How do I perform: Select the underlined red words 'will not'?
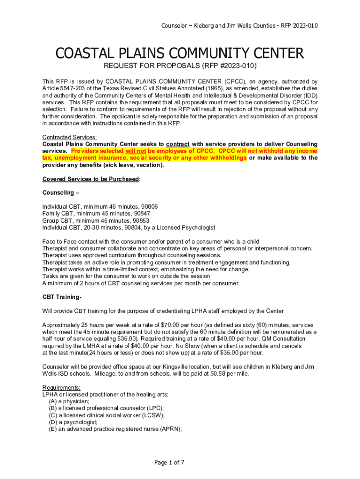pos(136,151)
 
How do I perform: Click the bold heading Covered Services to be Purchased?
pos(91,179)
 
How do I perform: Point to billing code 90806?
pos(149,207)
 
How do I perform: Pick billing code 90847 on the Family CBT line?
pos(141,214)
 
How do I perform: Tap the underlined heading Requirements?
pos(61,388)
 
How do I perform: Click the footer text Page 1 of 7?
pos(169,463)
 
